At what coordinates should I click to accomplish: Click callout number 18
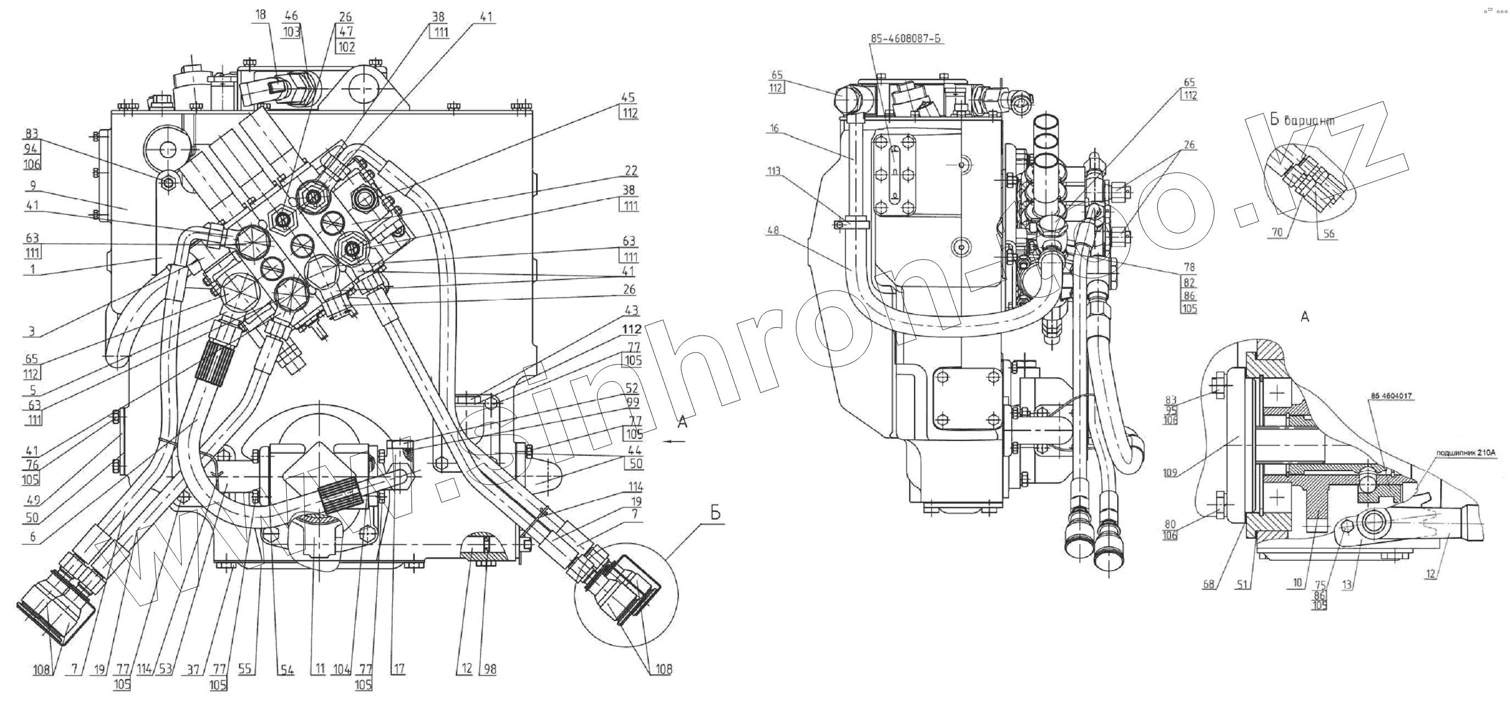tap(261, 15)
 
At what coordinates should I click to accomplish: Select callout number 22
tap(631, 171)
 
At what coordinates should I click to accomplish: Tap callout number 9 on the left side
tap(33, 186)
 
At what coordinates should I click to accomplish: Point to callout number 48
tap(773, 231)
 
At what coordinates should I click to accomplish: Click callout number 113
tap(774, 171)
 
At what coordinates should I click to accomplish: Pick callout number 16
tap(774, 128)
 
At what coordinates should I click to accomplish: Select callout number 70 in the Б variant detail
tap(1277, 233)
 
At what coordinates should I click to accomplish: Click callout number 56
tap(1328, 233)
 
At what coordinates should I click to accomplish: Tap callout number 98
tap(490, 669)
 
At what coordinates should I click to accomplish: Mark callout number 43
tap(632, 310)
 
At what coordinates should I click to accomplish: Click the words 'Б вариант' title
tap(1302, 120)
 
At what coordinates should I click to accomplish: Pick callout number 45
tap(629, 97)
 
